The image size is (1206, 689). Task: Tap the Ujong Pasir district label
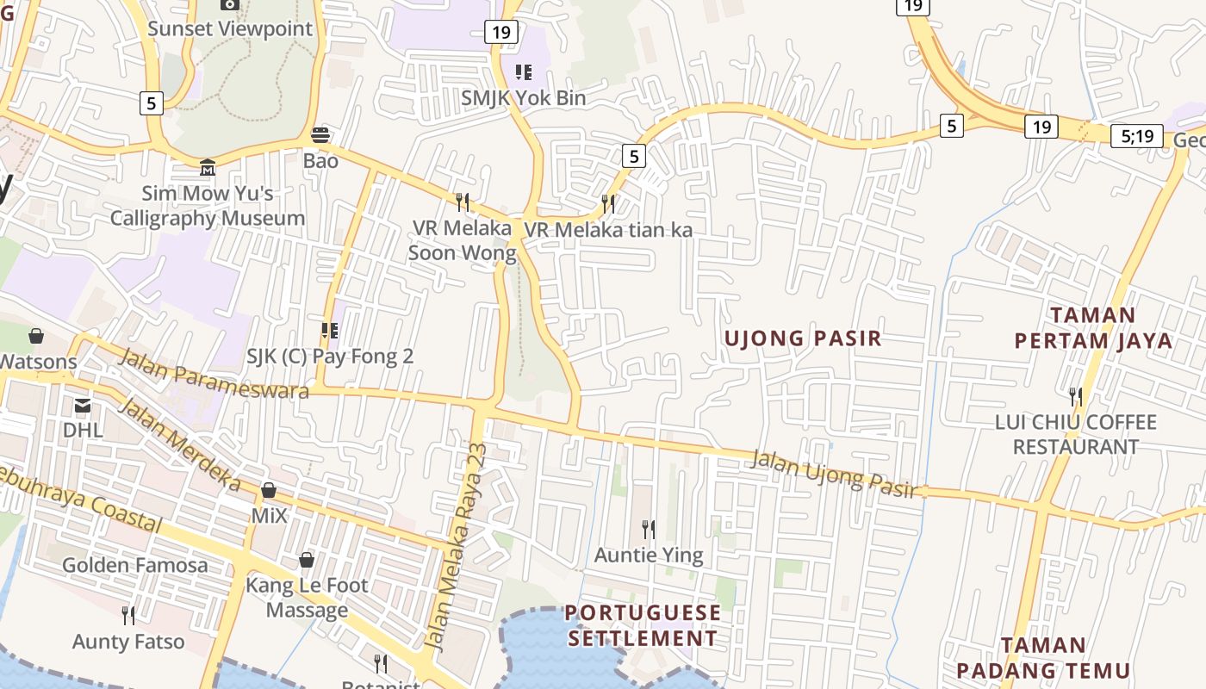coord(803,338)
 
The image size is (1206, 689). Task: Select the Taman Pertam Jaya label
coord(1093,328)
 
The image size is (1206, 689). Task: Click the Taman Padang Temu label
coord(1043,658)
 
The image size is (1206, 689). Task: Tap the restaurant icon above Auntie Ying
coord(649,529)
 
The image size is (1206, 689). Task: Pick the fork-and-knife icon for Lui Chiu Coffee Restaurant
coord(1075,397)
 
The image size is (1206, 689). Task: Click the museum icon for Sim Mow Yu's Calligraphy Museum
coord(207,166)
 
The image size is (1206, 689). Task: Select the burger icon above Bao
coord(320,134)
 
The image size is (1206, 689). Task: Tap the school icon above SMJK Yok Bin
coord(523,71)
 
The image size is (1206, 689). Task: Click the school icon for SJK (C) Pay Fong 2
coord(329,330)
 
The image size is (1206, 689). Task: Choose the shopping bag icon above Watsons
coord(36,335)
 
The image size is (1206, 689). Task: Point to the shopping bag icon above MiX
coord(269,490)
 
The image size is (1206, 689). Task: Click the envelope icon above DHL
coord(83,405)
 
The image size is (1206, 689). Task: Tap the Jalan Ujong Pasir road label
coord(832,474)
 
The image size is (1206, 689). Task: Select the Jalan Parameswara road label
coord(212,374)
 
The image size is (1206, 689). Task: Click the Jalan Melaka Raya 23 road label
coord(468,546)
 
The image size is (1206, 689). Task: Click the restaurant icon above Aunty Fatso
coord(128,616)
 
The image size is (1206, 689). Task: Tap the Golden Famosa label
coord(135,566)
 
